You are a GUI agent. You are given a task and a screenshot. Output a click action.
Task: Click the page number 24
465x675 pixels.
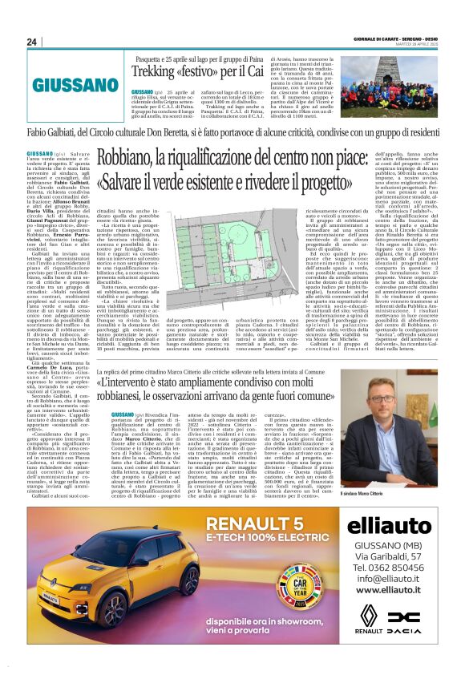point(31,42)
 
